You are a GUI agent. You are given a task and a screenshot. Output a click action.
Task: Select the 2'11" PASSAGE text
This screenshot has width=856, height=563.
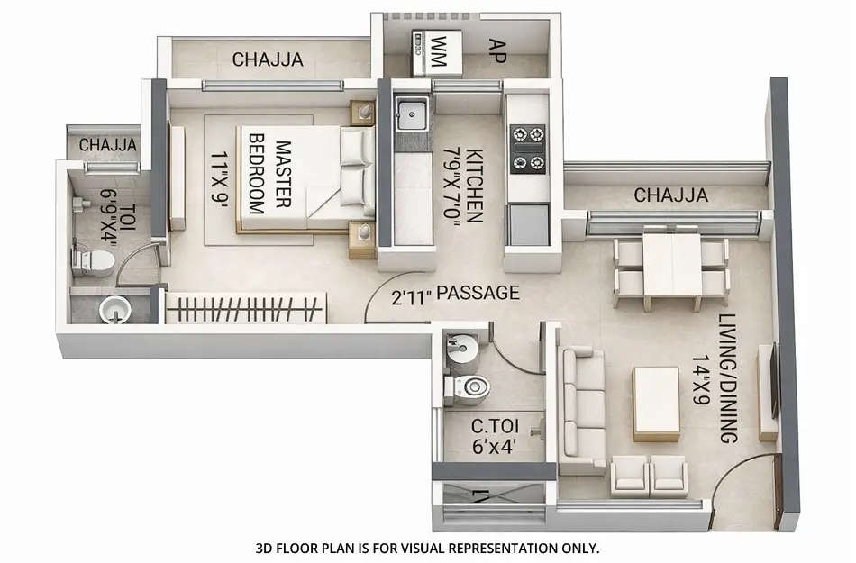pos(455,293)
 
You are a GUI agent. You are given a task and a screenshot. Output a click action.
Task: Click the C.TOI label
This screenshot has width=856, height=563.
pos(492,427)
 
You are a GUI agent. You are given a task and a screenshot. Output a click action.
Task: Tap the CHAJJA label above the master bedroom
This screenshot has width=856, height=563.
pos(267,60)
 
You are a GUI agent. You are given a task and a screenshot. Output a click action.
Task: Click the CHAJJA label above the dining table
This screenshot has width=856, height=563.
pos(670,195)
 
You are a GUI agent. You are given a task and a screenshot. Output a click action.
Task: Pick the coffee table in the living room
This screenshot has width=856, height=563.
pos(656,403)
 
